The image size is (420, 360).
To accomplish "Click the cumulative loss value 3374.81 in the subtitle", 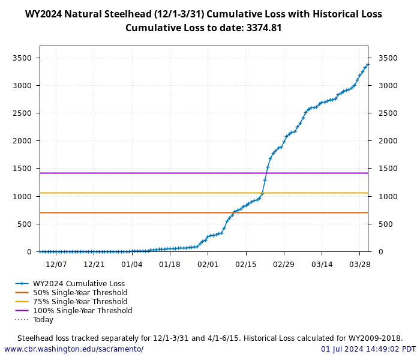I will coord(264,28).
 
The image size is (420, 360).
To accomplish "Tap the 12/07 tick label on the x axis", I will coord(56,264).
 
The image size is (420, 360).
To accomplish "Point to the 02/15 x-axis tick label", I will coord(246,264).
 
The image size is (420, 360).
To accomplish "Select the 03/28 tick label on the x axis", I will coord(359,264).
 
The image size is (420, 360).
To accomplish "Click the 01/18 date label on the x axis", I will coord(170,264).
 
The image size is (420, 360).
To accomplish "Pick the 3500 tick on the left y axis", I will coord(22,58).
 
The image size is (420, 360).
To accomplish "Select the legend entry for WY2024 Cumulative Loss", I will coord(79,284).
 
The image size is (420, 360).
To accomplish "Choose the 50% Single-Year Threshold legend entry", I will coord(80,293).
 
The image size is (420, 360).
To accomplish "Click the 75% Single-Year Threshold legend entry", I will coord(80,302).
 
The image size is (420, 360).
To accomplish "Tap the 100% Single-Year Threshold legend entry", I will coord(82,311).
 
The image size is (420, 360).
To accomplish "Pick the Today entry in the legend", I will coord(43,320).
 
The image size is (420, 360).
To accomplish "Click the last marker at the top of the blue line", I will coord(368,64).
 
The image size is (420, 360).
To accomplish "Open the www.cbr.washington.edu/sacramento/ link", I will coord(74,349).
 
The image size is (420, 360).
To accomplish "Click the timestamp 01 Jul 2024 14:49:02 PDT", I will coord(368,349).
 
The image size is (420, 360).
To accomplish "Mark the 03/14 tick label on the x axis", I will coord(322,264).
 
